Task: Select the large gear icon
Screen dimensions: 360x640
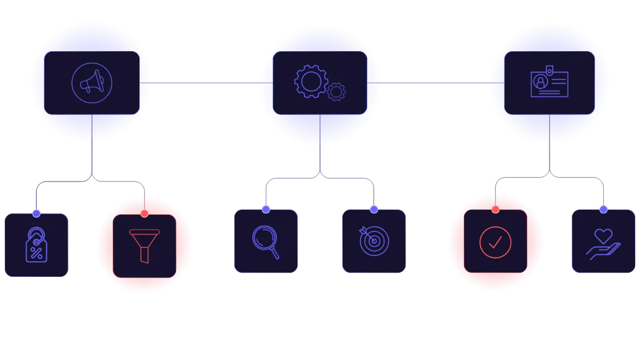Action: pos(310,81)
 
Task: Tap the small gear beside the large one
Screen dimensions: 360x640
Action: pos(336,92)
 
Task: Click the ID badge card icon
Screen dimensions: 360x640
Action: pos(549,83)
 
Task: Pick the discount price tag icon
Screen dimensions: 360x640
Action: pos(36,245)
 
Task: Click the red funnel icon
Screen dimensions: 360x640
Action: pos(144,246)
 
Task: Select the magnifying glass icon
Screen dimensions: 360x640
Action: pos(266,242)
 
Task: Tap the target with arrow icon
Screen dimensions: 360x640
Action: pos(374,241)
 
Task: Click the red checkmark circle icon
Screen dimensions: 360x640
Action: pos(495,242)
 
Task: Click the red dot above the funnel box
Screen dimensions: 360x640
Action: pos(144,213)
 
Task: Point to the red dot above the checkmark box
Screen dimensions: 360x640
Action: pos(495,209)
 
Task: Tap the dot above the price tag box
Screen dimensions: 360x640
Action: pos(36,213)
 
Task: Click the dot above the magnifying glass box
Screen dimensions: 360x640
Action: pos(266,209)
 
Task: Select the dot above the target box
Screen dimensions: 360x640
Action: pos(374,209)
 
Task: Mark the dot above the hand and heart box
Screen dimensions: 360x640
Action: pos(603,209)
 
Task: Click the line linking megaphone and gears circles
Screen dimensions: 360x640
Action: pos(205,83)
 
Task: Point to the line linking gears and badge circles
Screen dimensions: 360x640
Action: pos(435,83)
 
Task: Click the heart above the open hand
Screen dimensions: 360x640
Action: pos(604,235)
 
